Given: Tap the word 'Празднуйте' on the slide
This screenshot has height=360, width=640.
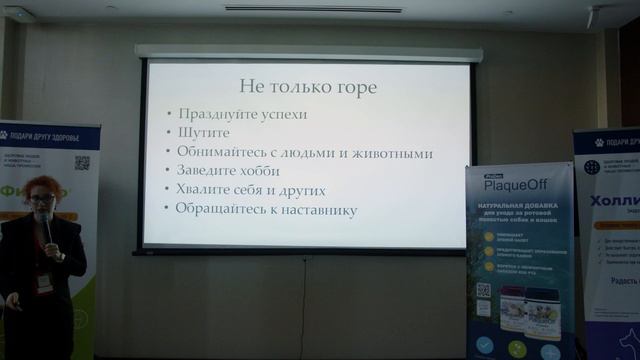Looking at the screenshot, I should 211,114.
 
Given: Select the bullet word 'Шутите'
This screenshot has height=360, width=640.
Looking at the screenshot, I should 203,133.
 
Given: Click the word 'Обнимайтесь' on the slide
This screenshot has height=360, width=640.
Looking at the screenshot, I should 221,153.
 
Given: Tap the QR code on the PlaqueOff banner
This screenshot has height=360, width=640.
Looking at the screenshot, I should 483,290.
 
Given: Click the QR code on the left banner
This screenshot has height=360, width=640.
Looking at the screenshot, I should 82,162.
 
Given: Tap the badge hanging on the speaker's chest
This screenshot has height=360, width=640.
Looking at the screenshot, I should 45,283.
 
